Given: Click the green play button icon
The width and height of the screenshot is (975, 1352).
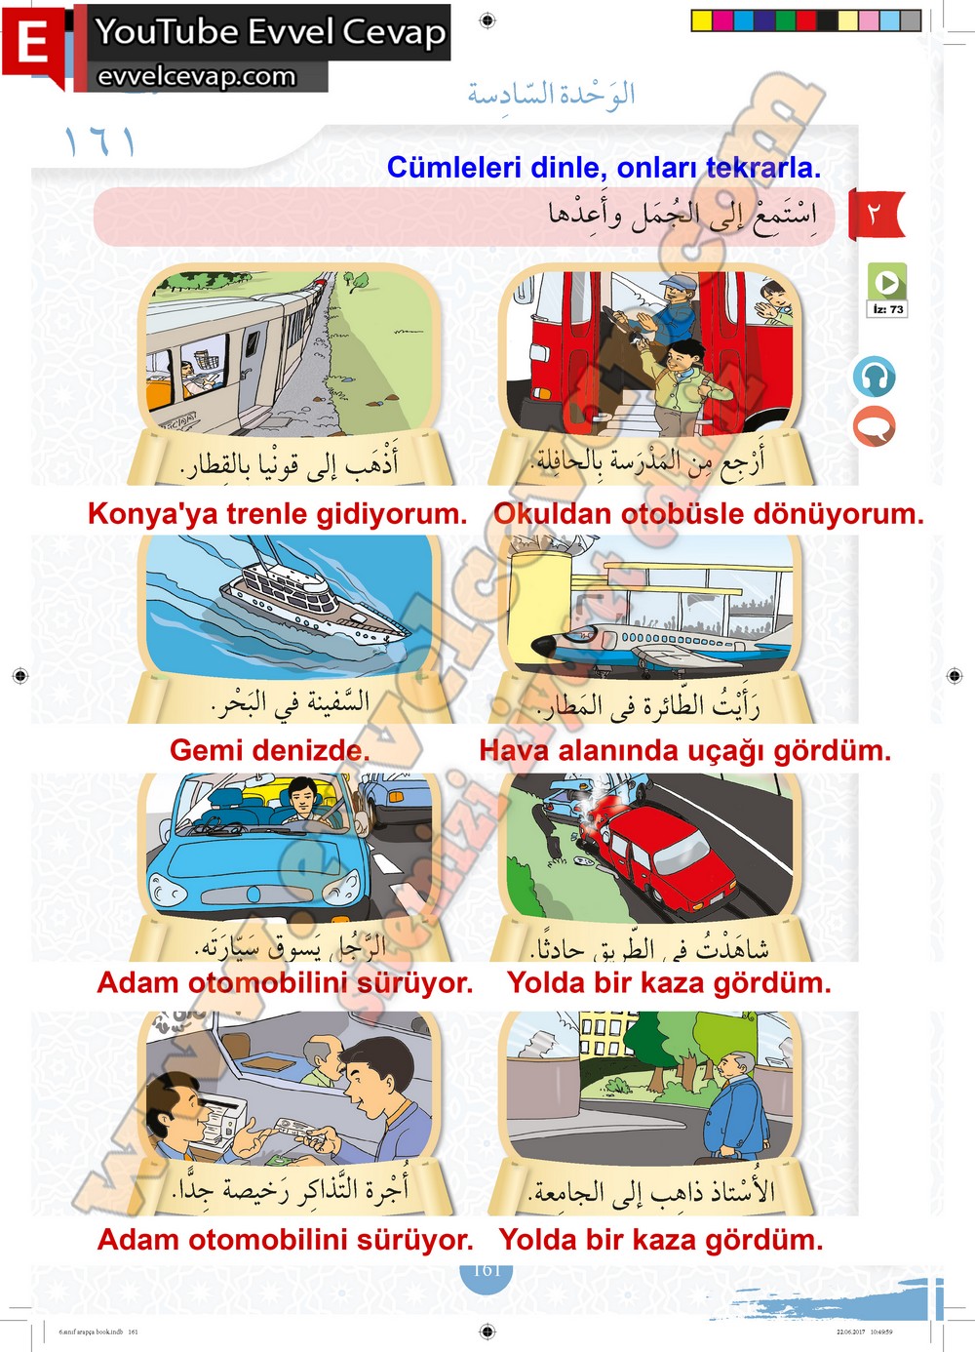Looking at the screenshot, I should click(887, 282).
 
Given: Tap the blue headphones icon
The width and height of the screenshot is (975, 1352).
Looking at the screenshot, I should click(874, 377).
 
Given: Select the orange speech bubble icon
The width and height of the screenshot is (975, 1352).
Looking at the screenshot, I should click(874, 426).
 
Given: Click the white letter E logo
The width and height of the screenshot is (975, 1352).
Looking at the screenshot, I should click(33, 43).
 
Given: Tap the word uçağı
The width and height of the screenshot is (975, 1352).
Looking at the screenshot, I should click(719, 751).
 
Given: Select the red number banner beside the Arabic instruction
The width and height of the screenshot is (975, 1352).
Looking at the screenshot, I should click(876, 214).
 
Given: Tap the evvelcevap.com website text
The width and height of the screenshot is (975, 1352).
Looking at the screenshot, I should click(196, 77).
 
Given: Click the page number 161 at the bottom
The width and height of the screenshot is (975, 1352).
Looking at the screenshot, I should click(487, 1270).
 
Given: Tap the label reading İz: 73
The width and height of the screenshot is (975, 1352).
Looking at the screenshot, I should click(887, 309).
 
